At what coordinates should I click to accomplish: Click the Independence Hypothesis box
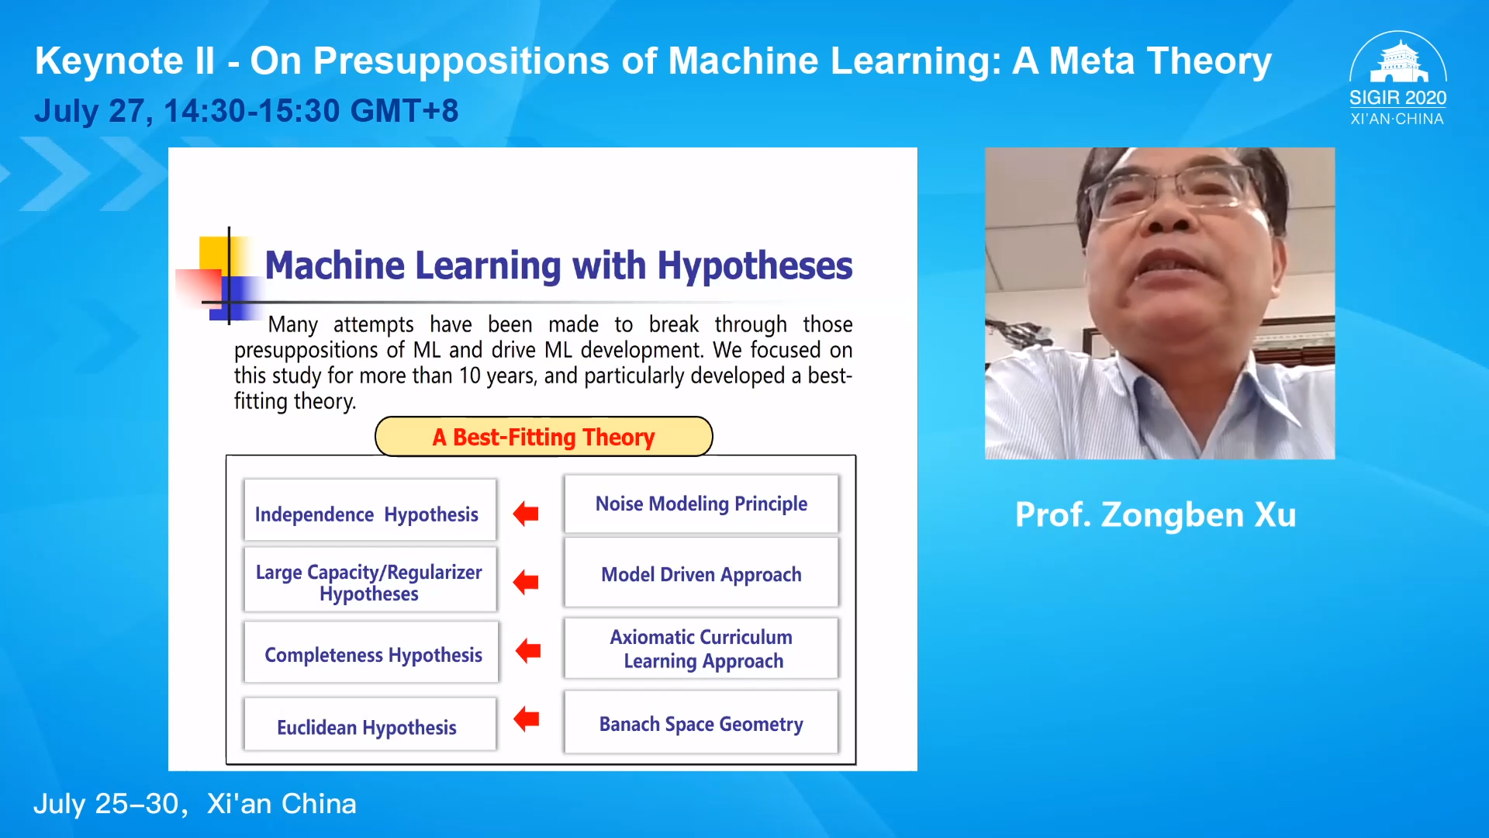370,510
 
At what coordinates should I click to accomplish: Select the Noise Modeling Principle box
701,504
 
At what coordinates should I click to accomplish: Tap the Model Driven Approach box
701,573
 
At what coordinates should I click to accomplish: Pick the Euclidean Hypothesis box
370,724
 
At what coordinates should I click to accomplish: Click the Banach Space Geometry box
701,722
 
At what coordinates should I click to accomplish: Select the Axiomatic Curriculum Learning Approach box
701,648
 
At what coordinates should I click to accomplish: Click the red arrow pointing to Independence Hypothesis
526,513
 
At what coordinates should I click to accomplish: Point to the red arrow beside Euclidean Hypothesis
527,719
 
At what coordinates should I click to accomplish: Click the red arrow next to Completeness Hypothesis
528,650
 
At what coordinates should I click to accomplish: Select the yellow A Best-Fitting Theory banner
544,437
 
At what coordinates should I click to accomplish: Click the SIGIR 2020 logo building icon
1398,62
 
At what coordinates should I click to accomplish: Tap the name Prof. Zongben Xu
1156,514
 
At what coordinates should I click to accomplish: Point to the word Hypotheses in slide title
755,266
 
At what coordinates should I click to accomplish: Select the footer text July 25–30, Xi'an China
195,804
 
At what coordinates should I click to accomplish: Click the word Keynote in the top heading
109,61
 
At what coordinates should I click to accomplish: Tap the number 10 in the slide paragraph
470,376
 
